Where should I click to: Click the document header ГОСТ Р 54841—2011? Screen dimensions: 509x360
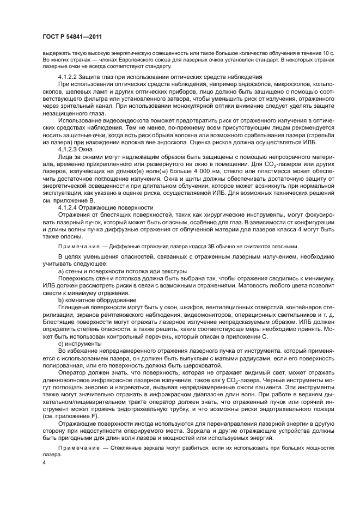tap(72, 36)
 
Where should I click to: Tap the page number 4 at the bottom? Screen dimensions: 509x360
tap(44, 462)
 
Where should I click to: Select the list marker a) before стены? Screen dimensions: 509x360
tap(61, 271)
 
